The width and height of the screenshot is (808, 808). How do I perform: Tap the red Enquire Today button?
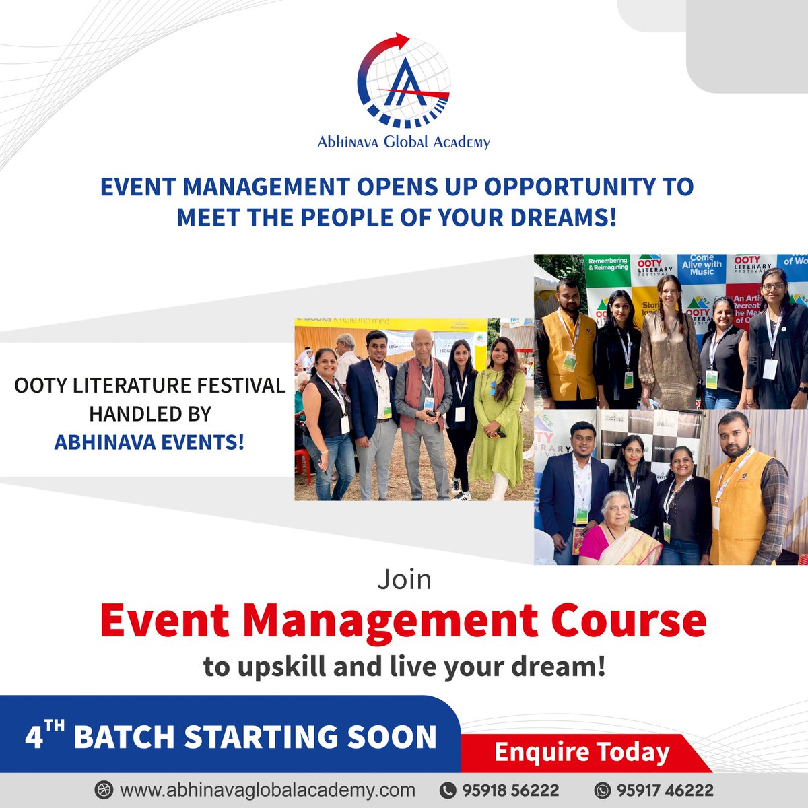pyautogui.click(x=582, y=752)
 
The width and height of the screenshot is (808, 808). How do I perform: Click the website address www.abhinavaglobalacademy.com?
pyautogui.click(x=267, y=789)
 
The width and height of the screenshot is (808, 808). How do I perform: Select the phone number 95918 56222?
pyautogui.click(x=510, y=790)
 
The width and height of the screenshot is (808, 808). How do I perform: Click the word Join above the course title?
pyautogui.click(x=404, y=580)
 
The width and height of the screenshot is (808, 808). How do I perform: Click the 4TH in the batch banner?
pyautogui.click(x=45, y=736)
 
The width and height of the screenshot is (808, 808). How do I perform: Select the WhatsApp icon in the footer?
pyautogui.click(x=603, y=790)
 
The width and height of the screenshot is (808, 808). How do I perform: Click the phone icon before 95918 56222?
pyautogui.click(x=448, y=790)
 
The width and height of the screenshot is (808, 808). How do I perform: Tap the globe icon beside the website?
pyautogui.click(x=104, y=789)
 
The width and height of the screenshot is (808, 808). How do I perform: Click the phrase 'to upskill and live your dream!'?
pyautogui.click(x=404, y=667)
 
